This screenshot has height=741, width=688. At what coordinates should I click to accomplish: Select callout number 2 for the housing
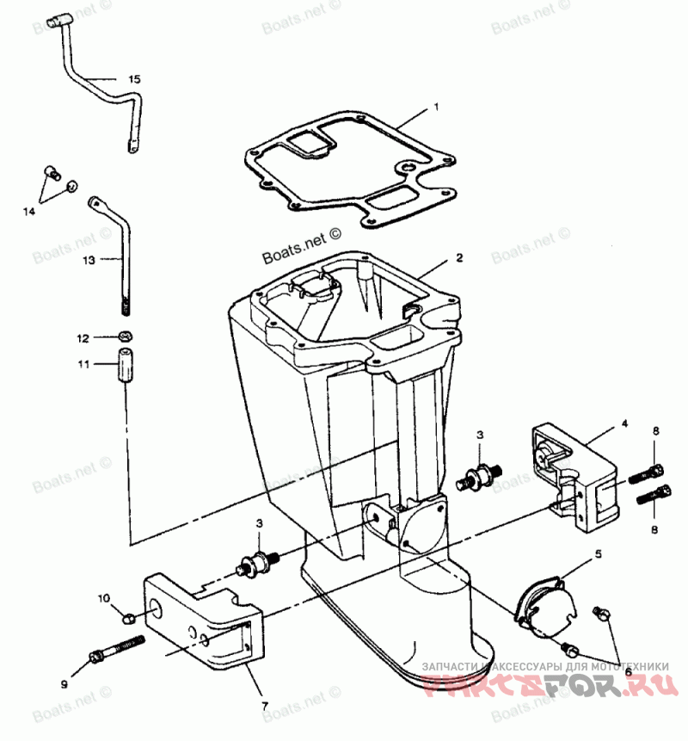[459, 257]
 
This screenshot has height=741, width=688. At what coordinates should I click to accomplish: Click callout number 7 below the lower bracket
[265, 706]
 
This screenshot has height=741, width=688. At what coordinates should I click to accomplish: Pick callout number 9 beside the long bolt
[63, 685]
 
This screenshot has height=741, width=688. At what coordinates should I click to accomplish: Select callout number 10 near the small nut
[103, 597]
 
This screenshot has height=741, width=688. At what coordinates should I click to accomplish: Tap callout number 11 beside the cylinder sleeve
[83, 364]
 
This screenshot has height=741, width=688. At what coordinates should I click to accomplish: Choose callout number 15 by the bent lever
[134, 79]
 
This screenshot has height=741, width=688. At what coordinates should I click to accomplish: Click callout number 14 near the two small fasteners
[29, 211]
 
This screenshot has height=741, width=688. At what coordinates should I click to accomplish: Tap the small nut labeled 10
[127, 616]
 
